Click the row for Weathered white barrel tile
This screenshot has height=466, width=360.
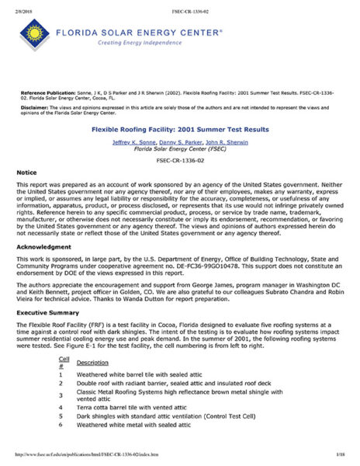137,375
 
